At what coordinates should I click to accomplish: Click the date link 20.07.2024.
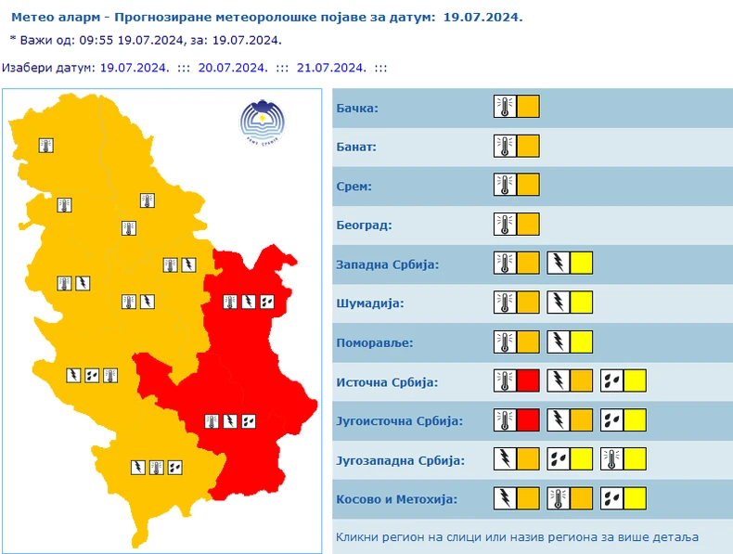click(x=233, y=68)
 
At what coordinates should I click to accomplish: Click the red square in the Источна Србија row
click(x=528, y=380)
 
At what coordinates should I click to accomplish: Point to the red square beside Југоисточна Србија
click(x=528, y=419)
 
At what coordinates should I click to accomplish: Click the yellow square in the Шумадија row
click(x=581, y=303)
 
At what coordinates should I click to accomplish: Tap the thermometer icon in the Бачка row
click(x=504, y=107)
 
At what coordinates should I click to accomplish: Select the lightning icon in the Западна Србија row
click(x=558, y=264)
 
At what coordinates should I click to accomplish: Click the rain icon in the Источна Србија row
click(x=611, y=380)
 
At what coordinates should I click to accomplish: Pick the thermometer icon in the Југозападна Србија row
click(x=611, y=458)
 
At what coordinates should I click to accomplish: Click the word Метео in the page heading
click(x=32, y=18)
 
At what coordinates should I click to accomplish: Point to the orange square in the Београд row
click(x=528, y=225)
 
